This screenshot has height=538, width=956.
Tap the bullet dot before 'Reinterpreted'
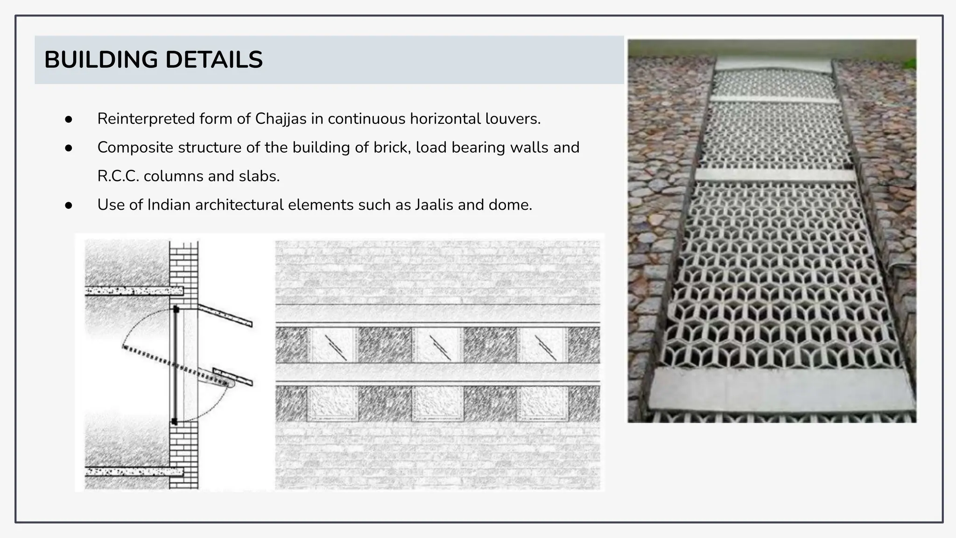pos(69,120)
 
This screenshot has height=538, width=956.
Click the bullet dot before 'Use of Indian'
pos(69,205)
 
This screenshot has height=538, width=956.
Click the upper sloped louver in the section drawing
pos(225,316)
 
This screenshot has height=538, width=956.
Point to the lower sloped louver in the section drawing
pos(233,377)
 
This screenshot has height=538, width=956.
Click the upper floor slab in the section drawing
pos(134,291)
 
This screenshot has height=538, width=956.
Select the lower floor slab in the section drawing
pos(134,472)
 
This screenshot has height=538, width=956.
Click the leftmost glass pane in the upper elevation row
pos(332,345)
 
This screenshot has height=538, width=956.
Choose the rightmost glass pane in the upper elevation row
pos(542,345)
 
